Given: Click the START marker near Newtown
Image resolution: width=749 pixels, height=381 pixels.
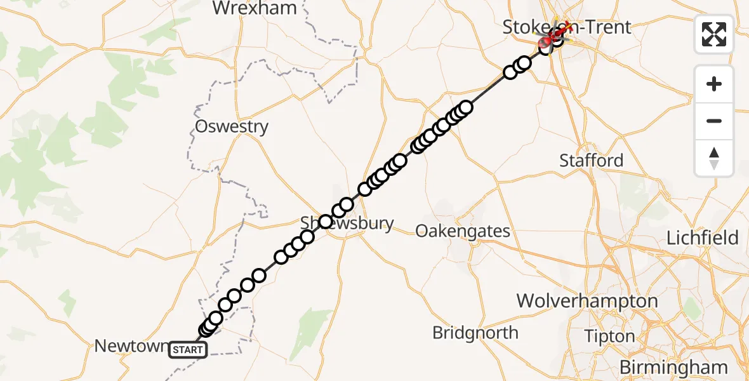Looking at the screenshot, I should (188, 349).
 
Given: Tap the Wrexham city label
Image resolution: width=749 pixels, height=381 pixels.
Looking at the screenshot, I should (255, 8).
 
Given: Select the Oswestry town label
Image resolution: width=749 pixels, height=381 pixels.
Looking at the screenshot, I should (232, 126).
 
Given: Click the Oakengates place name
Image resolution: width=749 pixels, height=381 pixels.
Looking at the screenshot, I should (463, 231).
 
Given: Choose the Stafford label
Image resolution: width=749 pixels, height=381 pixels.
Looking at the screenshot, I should (591, 161).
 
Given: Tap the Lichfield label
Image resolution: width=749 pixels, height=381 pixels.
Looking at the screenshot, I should (703, 238).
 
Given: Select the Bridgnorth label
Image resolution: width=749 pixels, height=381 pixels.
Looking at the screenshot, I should (475, 332).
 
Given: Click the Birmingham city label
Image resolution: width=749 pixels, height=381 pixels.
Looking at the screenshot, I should (673, 366).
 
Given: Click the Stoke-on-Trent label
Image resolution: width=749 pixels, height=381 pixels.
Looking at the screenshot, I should (567, 27).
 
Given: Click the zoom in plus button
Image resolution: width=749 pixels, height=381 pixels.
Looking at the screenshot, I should (714, 84).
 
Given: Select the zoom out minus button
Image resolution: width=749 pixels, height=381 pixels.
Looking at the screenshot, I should (714, 121).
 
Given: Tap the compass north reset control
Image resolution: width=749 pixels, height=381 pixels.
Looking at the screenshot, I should (714, 158).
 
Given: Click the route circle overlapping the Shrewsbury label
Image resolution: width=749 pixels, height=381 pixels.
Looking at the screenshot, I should (326, 222).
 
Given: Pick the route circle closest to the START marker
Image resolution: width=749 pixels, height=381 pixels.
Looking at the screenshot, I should (205, 330).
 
